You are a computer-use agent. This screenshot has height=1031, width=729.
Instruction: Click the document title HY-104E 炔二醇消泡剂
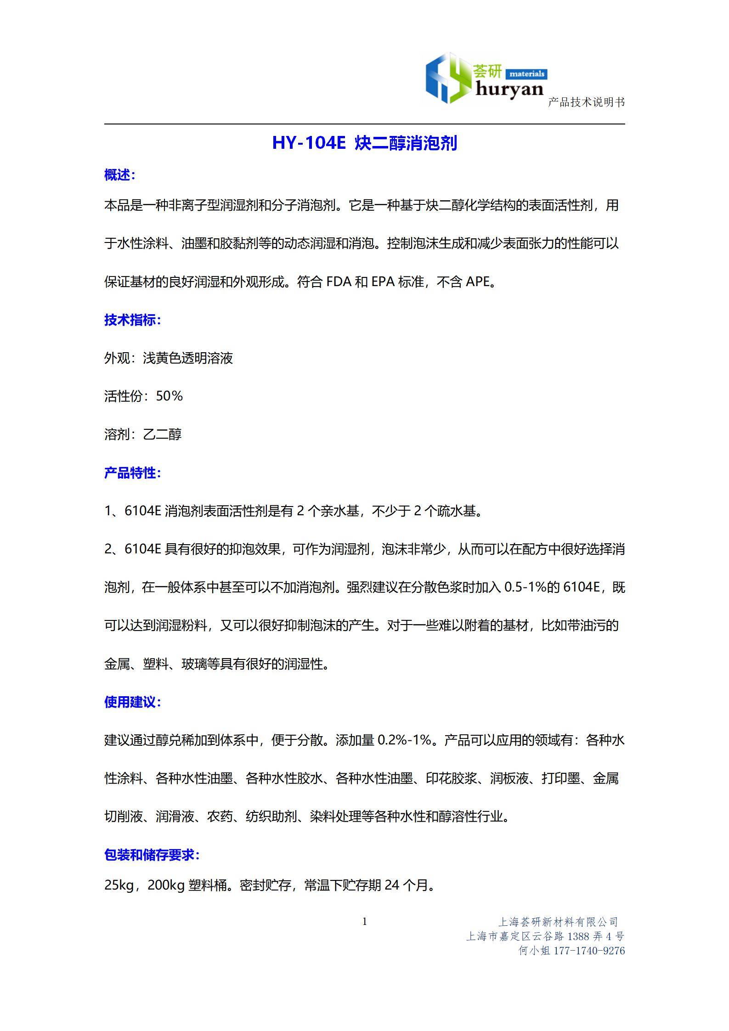pos(364,143)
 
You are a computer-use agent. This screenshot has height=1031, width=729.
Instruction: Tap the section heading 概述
pos(119,175)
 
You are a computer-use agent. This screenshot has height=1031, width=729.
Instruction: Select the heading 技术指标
pos(132,320)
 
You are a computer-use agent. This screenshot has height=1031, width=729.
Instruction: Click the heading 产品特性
pos(132,473)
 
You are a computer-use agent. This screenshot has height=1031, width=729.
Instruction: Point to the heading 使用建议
pos(132,702)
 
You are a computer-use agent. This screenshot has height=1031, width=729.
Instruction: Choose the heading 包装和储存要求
pos(152,855)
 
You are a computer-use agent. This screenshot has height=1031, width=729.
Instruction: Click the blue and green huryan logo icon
pos(447,79)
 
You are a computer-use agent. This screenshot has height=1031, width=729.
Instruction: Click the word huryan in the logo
pos(509,90)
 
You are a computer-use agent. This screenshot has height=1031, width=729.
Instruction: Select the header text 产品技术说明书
pos(586,102)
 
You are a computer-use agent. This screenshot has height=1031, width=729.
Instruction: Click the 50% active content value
pos(170,396)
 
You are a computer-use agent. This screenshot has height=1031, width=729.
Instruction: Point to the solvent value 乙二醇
pos(163,434)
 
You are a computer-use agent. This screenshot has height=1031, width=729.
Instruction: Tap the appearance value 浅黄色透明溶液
pos(188,358)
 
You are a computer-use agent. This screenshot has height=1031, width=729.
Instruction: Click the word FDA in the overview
pos(339,282)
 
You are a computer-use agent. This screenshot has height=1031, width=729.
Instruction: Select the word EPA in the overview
pos(383,282)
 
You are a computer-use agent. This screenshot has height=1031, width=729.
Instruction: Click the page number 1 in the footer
pos(365,922)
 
